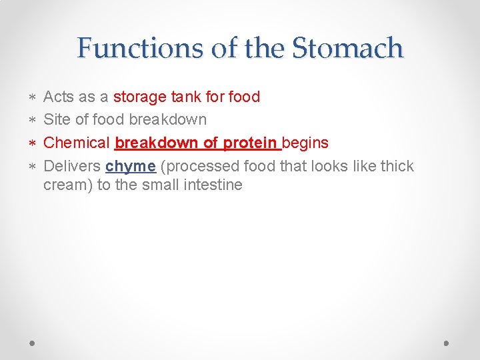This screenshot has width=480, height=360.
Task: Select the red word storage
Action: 140,97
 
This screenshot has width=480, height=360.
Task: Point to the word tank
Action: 186,97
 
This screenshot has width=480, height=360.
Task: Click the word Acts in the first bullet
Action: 59,97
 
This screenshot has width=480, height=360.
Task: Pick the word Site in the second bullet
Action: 56,120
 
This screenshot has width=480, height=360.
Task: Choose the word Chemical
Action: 76,143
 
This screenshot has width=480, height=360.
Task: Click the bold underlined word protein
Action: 251,143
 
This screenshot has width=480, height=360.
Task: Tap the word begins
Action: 305,143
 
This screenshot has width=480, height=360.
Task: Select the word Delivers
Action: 72,166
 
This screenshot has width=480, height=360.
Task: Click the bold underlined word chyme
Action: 130,166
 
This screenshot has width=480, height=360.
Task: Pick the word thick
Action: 397,166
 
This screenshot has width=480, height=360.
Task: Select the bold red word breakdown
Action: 156,143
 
